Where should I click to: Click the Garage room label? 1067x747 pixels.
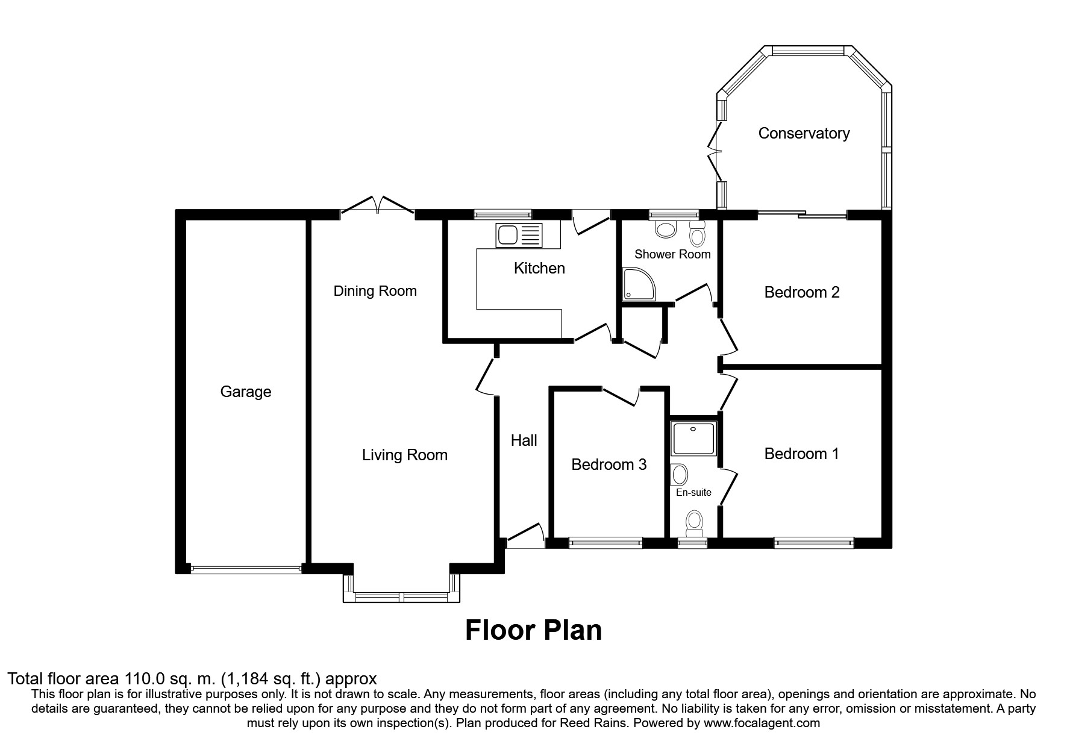click(246, 392)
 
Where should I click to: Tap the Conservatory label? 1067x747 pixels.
click(804, 133)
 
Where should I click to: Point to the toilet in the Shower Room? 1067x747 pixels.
click(697, 233)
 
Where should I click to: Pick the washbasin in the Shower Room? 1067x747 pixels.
click(666, 229)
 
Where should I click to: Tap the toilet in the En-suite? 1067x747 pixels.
click(695, 523)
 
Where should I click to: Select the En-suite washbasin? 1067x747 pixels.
click(679, 475)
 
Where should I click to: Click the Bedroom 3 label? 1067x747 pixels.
click(609, 464)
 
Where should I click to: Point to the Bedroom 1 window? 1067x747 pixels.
click(814, 543)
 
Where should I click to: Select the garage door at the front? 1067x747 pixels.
click(245, 567)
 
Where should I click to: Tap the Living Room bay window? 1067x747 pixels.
click(402, 596)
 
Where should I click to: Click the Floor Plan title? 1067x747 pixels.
click(533, 631)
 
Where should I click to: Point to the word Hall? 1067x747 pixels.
click(524, 440)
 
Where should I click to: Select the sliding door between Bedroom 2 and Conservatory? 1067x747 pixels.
click(803, 213)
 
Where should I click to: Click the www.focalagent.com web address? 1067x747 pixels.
click(762, 723)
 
